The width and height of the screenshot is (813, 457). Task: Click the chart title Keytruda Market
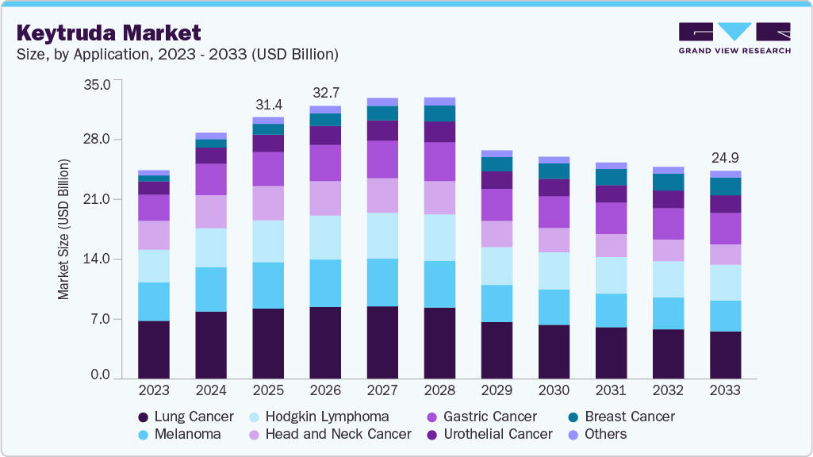109,33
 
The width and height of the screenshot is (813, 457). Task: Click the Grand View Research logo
734,37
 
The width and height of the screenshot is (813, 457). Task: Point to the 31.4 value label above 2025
268,105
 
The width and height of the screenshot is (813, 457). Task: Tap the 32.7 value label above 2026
325,93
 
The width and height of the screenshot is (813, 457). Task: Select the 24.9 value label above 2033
725,158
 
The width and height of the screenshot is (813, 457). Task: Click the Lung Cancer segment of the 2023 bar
154,349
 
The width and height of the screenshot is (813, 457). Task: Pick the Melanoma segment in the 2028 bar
439,284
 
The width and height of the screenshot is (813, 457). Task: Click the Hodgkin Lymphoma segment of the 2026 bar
325,237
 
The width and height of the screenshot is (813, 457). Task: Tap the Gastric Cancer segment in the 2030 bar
554,212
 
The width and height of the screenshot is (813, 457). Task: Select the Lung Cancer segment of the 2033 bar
725,355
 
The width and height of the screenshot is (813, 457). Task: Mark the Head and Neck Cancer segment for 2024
211,211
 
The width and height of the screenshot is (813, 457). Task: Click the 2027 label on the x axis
382,390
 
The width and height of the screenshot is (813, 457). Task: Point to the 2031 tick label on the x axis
611,390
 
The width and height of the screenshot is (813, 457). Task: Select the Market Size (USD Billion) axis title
63,229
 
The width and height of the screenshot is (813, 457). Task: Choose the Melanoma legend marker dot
143,435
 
